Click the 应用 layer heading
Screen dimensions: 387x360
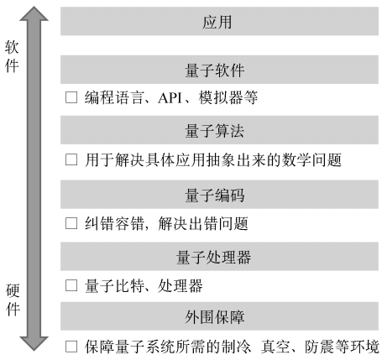tap(217, 22)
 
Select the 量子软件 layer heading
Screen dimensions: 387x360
tap(215, 70)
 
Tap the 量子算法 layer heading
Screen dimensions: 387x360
tap(215, 131)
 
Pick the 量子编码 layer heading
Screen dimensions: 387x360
tap(215, 195)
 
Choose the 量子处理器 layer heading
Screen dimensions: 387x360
tap(213, 257)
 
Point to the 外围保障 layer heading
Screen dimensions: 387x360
tap(215, 317)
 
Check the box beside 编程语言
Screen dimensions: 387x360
tap(71, 97)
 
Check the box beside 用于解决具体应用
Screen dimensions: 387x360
tap(71, 159)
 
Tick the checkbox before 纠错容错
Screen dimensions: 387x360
tap(71, 223)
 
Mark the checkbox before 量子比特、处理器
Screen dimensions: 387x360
tap(71, 285)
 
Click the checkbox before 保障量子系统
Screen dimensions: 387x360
tap(71, 347)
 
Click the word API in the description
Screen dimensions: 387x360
tap(170, 97)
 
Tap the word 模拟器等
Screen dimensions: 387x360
tap(228, 97)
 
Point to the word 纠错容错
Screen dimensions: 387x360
tap(114, 224)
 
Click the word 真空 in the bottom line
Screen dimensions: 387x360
tap(275, 347)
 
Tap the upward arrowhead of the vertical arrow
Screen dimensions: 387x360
tap(34, 14)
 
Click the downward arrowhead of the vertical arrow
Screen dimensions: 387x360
tap(34, 343)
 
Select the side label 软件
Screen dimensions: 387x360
tap(12, 56)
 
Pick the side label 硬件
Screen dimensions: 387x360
tap(13, 300)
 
